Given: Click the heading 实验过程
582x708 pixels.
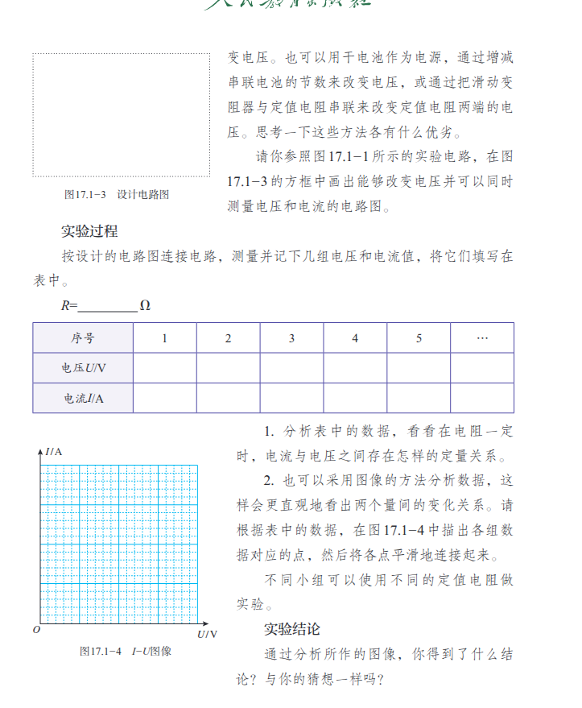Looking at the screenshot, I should (x=89, y=231).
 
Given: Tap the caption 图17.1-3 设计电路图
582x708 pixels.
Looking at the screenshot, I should (x=117, y=194).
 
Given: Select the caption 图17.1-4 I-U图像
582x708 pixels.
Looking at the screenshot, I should (x=126, y=651).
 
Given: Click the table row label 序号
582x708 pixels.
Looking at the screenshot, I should (x=82, y=338).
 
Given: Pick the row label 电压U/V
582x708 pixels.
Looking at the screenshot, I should (x=82, y=368).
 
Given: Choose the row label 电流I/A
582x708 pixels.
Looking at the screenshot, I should (x=82, y=398).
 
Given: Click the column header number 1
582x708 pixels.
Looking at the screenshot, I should (x=164, y=338).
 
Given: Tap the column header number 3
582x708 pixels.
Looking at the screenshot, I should (x=291, y=338).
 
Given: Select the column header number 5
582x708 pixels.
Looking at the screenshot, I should (x=419, y=338).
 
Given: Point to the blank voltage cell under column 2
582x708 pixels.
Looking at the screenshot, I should (x=228, y=368).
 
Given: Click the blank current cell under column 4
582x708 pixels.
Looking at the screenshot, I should (x=355, y=398).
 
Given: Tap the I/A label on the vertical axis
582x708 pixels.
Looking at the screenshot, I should (x=54, y=451).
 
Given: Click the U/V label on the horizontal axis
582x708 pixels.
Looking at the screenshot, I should (x=207, y=635).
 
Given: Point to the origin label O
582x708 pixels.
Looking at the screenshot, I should (x=36, y=630).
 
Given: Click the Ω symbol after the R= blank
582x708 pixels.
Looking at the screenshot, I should (x=145, y=306).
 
